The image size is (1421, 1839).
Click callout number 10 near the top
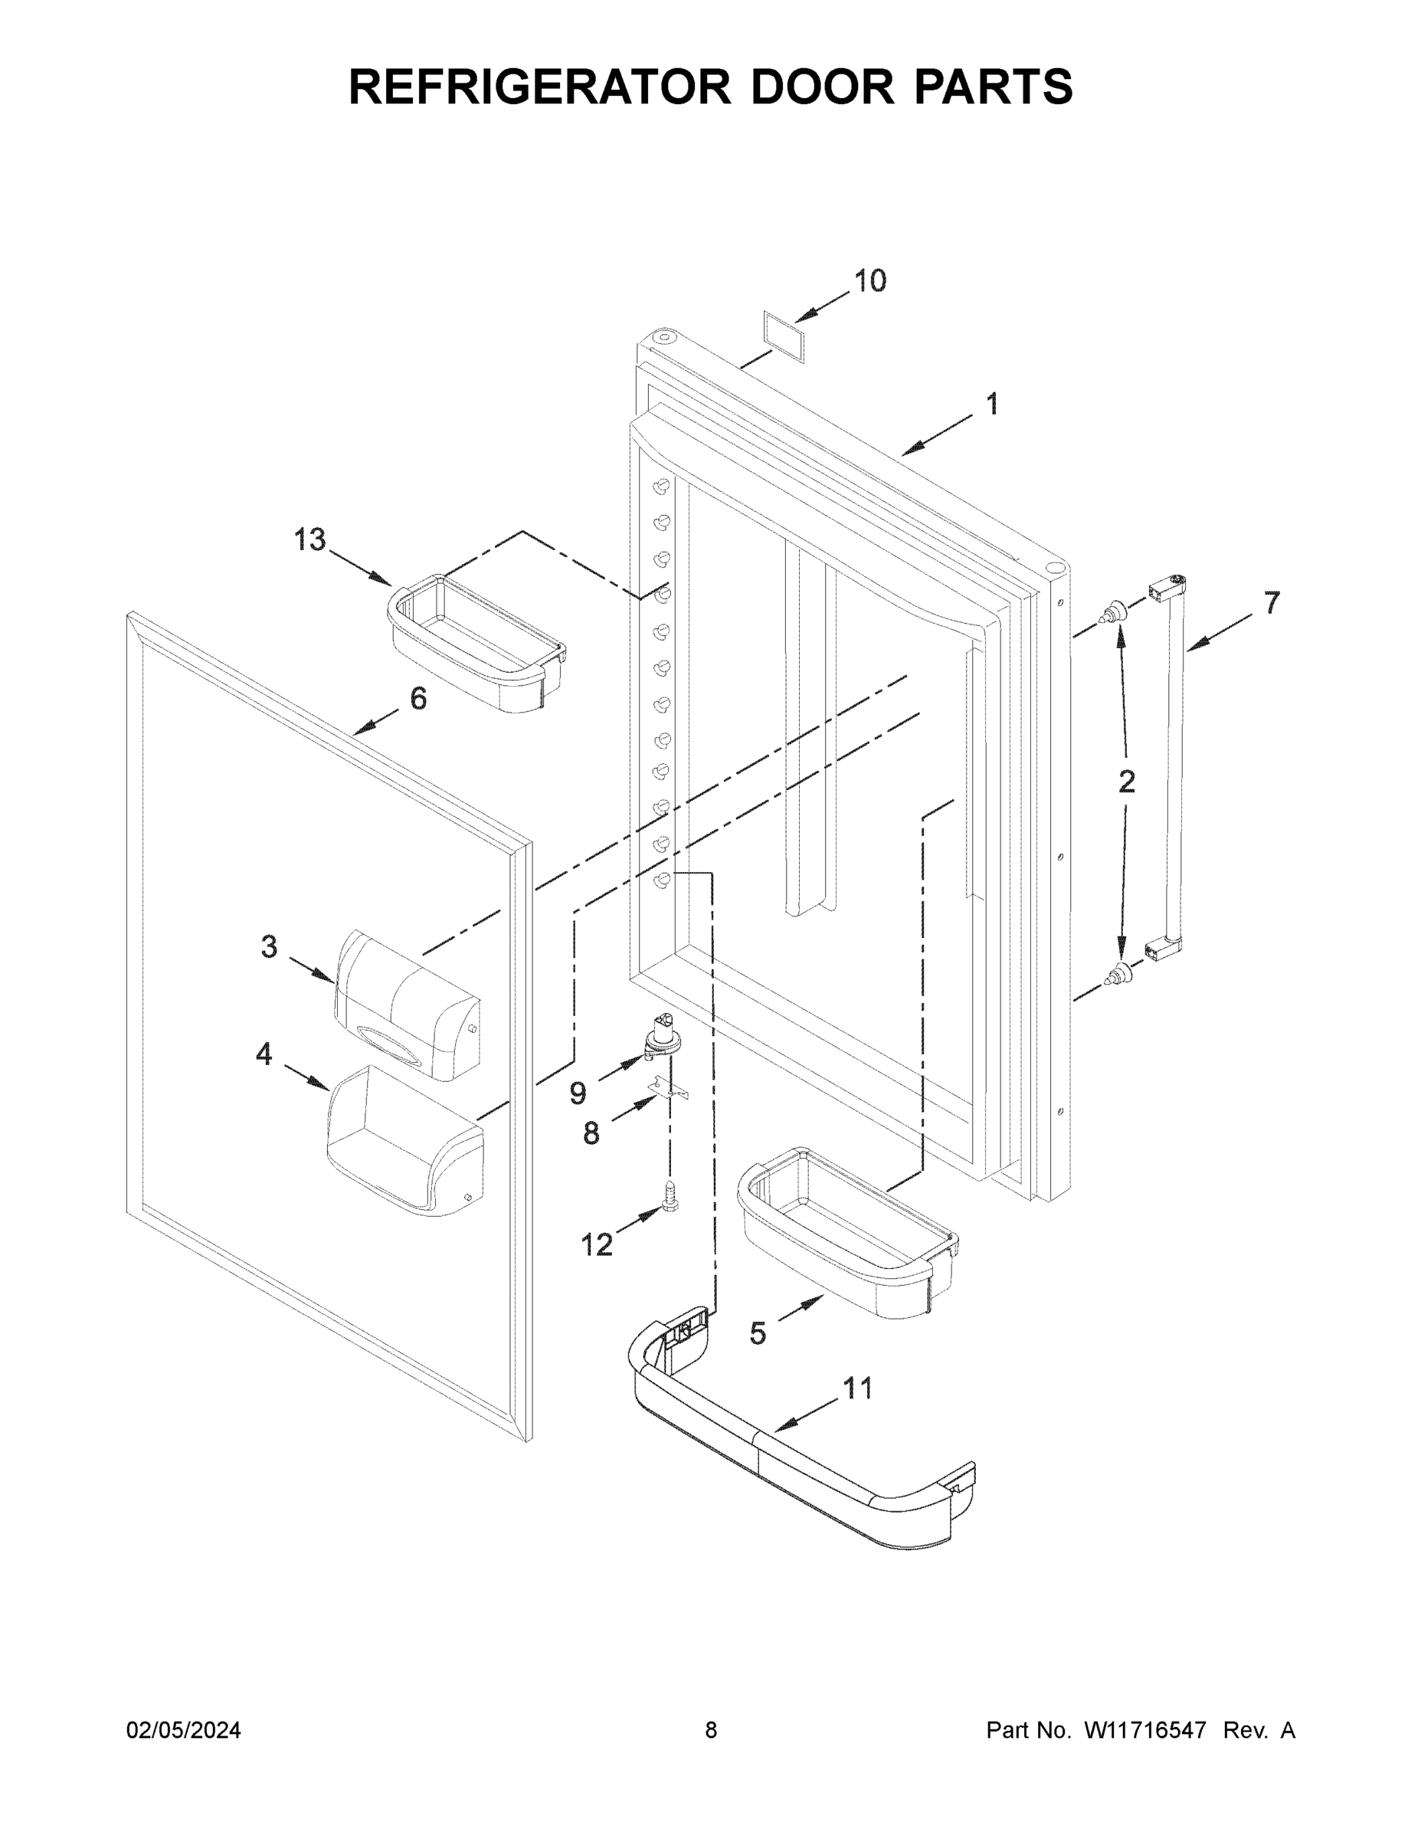tap(870, 281)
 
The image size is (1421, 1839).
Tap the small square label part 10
tap(784, 335)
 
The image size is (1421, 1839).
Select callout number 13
tap(309, 539)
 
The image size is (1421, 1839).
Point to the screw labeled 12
tap(670, 1194)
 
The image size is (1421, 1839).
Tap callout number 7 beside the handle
tap(1271, 603)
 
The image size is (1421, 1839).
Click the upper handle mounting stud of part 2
tap(1116, 611)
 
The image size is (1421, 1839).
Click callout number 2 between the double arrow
tap(1126, 782)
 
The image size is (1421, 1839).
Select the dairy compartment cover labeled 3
tap(407, 1005)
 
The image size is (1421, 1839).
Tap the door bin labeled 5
tap(848, 1231)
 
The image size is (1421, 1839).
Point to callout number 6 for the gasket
tap(418, 698)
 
